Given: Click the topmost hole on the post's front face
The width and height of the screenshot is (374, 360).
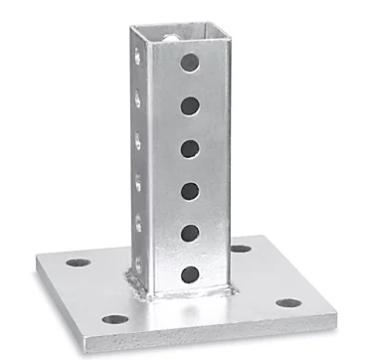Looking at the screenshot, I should coord(189,63).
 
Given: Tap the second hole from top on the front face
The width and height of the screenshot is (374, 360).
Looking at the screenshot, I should coord(189,105).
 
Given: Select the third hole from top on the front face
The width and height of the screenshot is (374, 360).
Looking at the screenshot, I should coord(189,148).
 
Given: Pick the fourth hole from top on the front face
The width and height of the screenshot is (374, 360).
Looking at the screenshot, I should coord(189,190).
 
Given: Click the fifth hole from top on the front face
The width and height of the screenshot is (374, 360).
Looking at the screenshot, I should coord(189,232).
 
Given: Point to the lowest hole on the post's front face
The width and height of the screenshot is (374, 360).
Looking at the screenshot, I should coord(189,273).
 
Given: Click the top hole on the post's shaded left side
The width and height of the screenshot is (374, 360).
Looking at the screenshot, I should coord(137,59).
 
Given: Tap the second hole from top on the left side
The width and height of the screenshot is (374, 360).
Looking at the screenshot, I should coord(137,99).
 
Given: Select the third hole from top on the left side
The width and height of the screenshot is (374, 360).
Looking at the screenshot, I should coord(137,140).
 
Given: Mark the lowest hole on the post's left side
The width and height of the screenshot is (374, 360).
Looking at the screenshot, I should coord(138,263).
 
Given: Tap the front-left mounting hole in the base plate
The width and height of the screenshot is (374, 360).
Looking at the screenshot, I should coord(115,319).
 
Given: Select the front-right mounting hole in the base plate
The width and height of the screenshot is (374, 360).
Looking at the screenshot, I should coord(288,302).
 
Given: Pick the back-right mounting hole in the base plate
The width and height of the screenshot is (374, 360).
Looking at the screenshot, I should coord(241,249).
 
